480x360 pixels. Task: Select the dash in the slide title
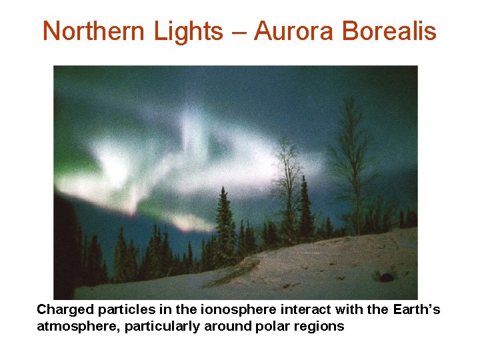click(238, 32)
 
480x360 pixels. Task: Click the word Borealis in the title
click(389, 31)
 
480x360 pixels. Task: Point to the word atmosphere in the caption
click(73, 326)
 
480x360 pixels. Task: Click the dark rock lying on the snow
click(386, 276)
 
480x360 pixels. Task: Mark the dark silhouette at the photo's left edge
click(65, 247)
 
